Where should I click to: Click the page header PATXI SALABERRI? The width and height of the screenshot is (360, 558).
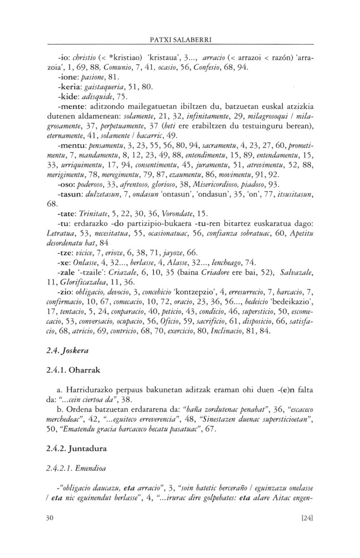180,40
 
